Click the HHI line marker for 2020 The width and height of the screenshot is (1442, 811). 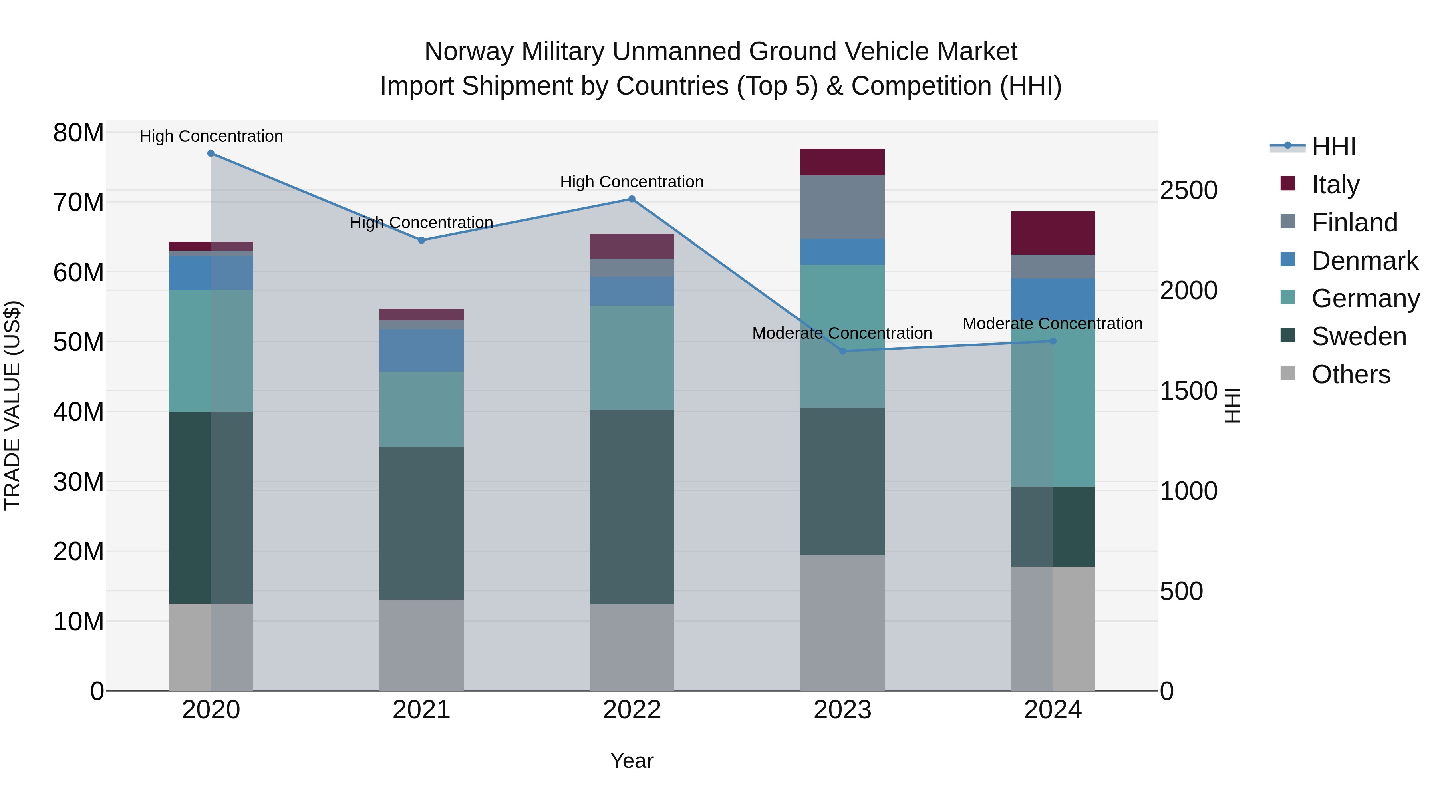(x=211, y=153)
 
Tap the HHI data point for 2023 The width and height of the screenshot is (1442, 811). (x=842, y=351)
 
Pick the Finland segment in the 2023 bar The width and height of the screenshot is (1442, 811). (x=842, y=207)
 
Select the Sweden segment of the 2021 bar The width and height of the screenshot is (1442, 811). (x=421, y=523)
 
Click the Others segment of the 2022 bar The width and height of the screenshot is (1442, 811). (x=632, y=648)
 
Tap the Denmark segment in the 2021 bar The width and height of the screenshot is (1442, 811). (x=421, y=350)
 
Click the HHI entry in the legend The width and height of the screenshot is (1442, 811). (x=1333, y=147)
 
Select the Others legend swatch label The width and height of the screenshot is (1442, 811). (x=1350, y=374)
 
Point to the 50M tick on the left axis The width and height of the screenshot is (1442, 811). (x=79, y=342)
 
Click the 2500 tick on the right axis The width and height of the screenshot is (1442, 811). (x=1188, y=190)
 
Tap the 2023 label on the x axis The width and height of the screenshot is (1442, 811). (x=842, y=710)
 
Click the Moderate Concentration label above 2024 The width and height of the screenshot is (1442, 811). (x=1052, y=324)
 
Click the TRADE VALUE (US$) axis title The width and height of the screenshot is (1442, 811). (x=12, y=405)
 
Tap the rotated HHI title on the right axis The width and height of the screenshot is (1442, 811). (x=1233, y=405)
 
